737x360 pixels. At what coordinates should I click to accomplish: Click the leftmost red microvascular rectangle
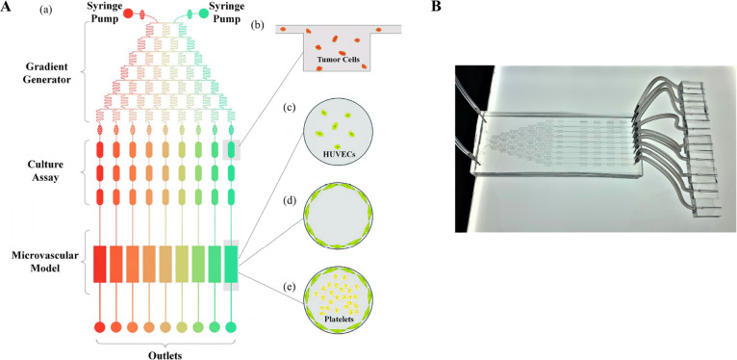pos(99,264)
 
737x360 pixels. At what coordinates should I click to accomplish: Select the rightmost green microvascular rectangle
pos(231,264)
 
